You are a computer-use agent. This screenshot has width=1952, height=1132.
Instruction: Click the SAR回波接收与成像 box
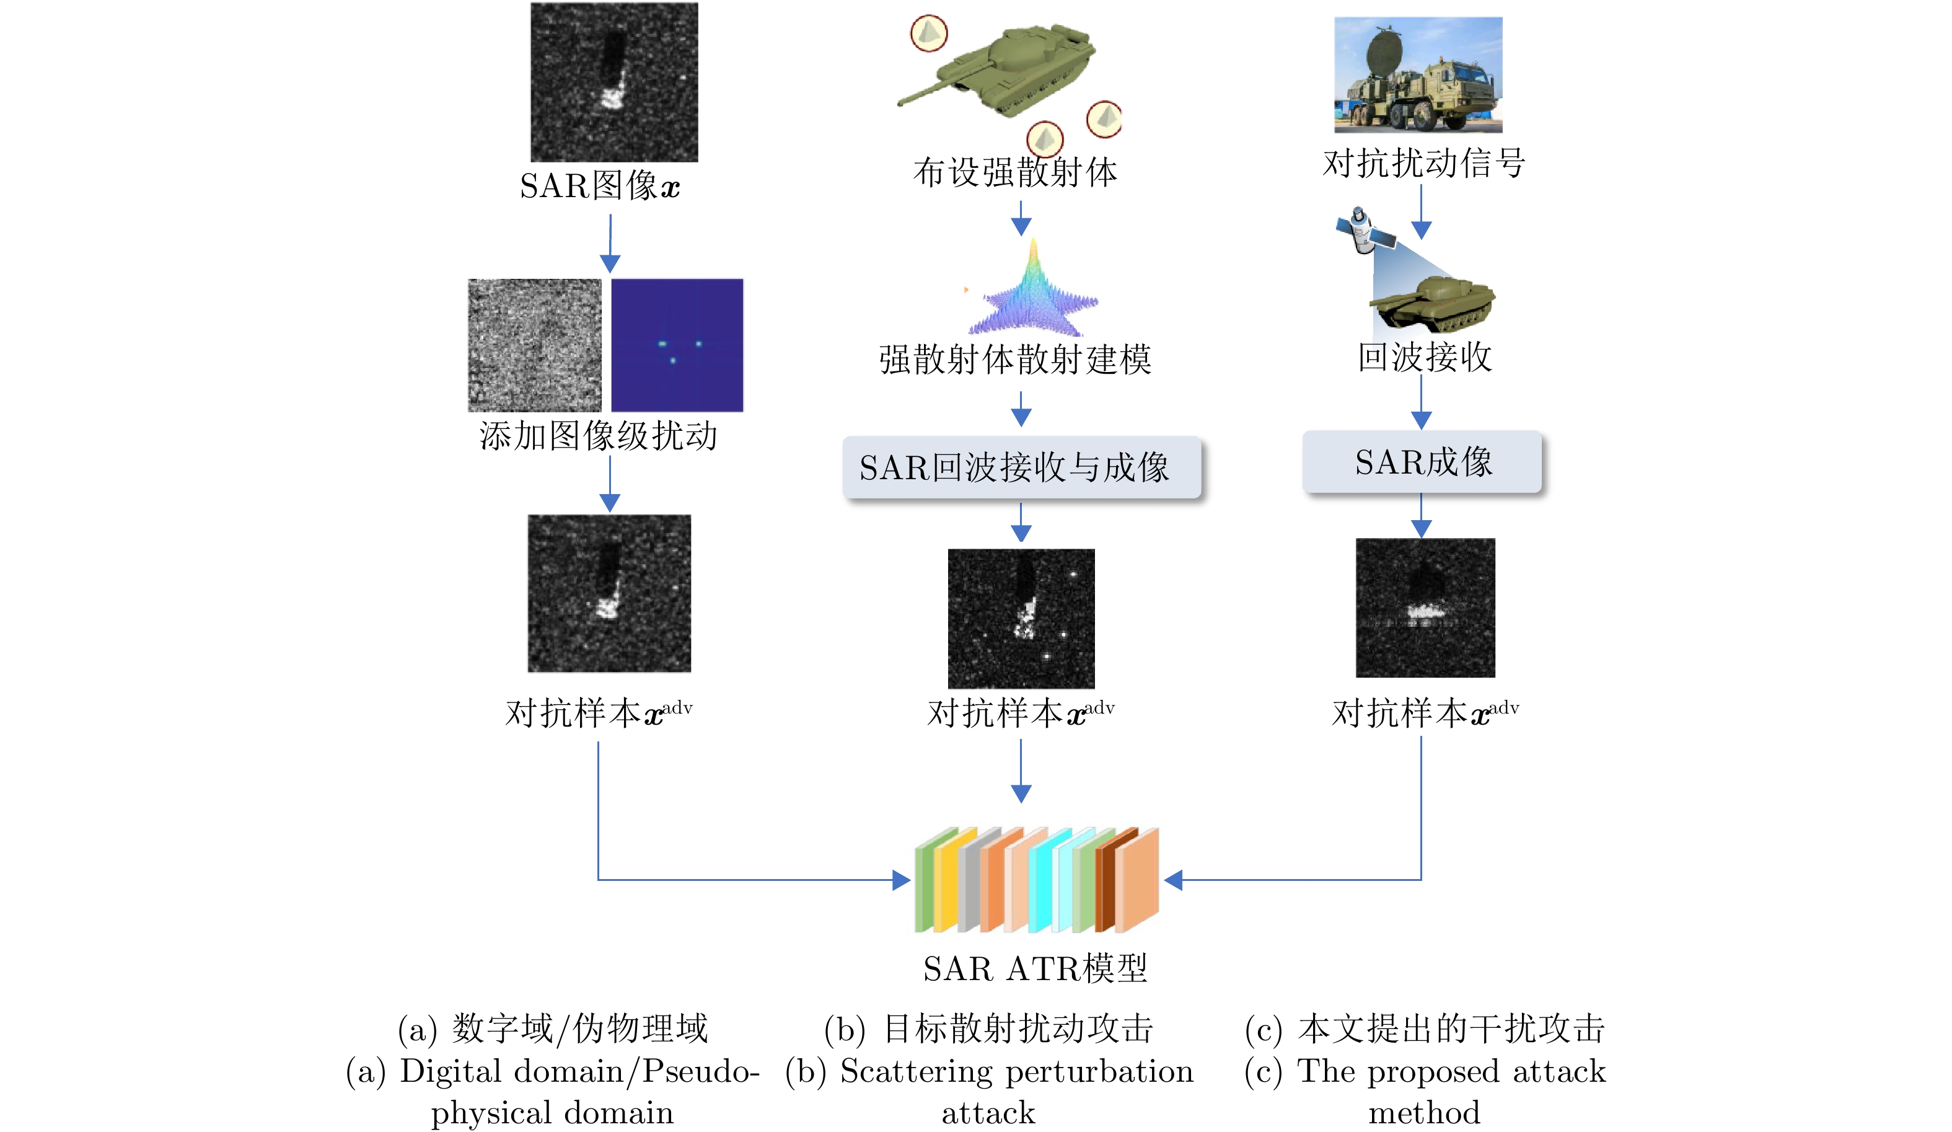1021,467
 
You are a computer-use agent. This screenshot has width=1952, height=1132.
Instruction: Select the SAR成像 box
1422,462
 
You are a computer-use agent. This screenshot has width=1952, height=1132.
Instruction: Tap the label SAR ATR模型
1035,968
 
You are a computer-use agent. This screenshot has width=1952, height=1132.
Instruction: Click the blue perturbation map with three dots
677,345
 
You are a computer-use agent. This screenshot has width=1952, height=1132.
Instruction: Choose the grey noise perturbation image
534,345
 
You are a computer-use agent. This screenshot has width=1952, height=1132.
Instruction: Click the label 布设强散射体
1015,172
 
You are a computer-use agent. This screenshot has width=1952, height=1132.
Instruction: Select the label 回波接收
1424,357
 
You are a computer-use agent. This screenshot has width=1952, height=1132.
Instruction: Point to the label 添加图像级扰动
598,435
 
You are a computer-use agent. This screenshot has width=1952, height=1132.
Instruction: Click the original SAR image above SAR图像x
613,82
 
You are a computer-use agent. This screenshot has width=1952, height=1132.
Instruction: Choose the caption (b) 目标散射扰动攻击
988,1029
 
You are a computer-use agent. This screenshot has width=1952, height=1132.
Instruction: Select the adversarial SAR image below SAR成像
1425,608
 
